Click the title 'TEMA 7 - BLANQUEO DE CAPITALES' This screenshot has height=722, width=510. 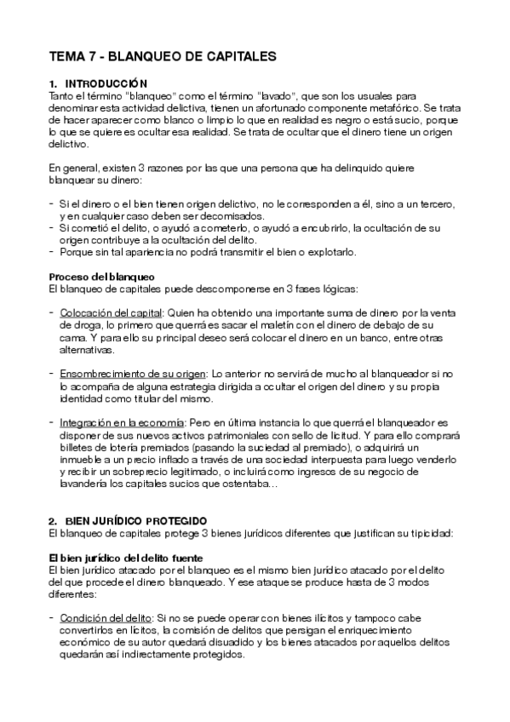(163, 58)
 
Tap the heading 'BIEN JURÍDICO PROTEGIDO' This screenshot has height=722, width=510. (135, 520)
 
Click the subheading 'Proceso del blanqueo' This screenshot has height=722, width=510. (101, 278)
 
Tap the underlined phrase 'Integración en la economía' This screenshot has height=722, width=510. (122, 423)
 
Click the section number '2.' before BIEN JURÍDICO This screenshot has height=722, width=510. (53, 520)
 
